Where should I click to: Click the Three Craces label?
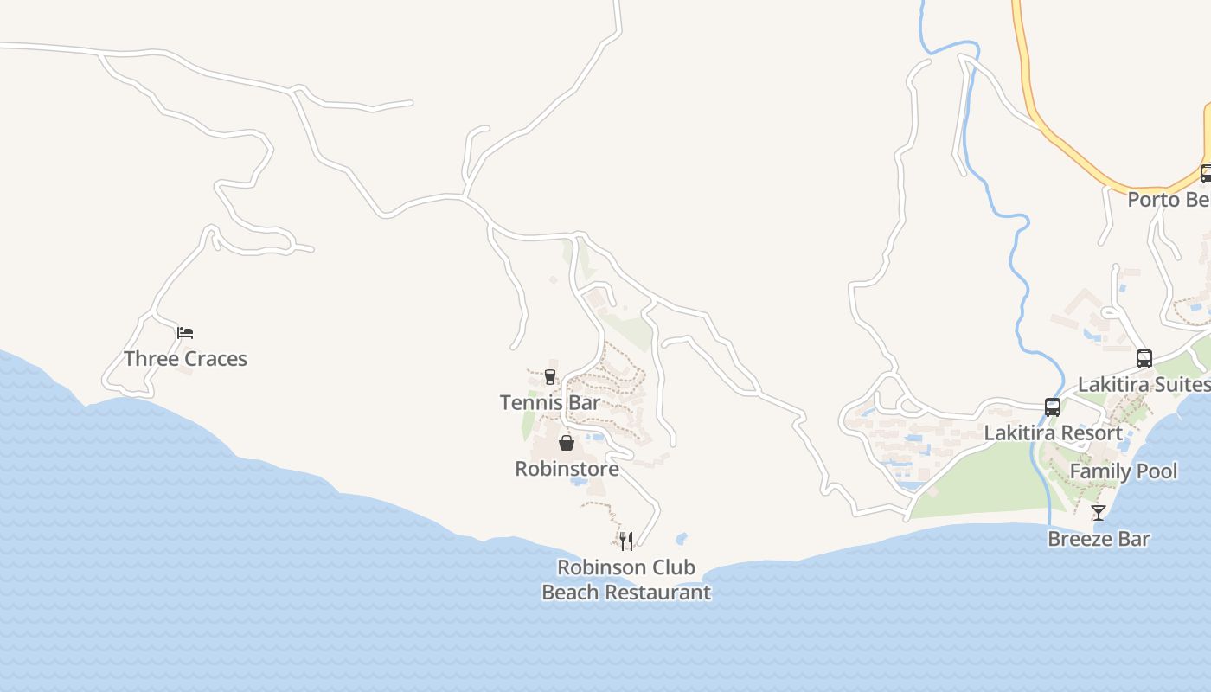click(x=185, y=359)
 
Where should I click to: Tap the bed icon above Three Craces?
click(x=185, y=333)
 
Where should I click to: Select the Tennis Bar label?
click(x=549, y=402)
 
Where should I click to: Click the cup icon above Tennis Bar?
click(x=549, y=376)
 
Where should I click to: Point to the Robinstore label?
click(x=567, y=469)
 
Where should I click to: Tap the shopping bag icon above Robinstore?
click(x=567, y=443)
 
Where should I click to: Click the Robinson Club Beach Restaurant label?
click(x=626, y=580)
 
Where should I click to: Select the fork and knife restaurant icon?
click(x=626, y=541)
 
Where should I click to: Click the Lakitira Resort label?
click(x=1053, y=432)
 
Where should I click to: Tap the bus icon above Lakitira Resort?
click(x=1053, y=407)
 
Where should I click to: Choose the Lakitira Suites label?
click(x=1143, y=384)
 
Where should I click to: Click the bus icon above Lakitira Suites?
click(x=1144, y=358)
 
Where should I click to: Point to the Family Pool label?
click(x=1124, y=471)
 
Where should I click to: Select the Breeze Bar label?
click(x=1099, y=539)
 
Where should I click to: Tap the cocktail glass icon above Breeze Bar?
click(x=1099, y=512)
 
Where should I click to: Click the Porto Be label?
click(x=1168, y=200)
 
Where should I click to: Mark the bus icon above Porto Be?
click(x=1206, y=173)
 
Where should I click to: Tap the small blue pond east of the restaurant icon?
click(x=681, y=539)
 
